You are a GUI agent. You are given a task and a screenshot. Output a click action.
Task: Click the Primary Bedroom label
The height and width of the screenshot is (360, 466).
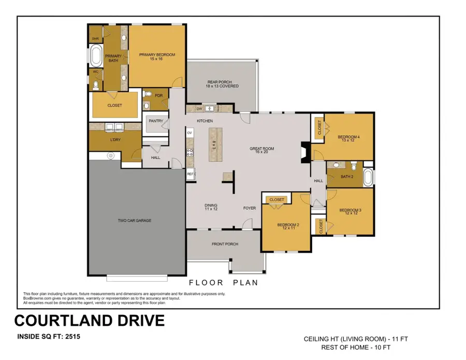click(x=157, y=55)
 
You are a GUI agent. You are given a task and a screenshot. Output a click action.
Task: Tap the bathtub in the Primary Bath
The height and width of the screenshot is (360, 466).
click(x=96, y=56)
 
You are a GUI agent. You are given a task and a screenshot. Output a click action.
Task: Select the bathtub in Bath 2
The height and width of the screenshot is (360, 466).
click(x=368, y=178)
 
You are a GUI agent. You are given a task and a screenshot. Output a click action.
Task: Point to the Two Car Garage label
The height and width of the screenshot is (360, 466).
click(x=134, y=221)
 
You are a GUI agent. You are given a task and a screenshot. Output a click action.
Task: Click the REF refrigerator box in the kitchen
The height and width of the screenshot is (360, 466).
click(x=190, y=175)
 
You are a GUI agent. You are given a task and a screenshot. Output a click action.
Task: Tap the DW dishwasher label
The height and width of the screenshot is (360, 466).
click(x=199, y=109)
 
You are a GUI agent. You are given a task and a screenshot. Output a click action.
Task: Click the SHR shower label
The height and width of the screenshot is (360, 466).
click(x=95, y=39)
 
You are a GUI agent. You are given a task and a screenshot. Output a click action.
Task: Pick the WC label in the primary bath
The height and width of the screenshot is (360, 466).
click(x=95, y=72)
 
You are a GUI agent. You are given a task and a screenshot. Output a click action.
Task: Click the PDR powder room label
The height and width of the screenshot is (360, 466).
click(x=158, y=95)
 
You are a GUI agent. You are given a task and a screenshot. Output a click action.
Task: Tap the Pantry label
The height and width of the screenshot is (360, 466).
click(x=155, y=121)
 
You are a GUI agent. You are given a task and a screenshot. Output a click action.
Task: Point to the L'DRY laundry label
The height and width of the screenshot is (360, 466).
click(x=115, y=140)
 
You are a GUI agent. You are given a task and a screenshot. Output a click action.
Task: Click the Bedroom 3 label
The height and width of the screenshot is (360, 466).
click(x=349, y=211)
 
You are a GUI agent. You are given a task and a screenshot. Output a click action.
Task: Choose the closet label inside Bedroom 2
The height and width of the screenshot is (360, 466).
click(x=277, y=200)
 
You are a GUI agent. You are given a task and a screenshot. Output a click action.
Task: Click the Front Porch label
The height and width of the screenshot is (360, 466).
click(x=225, y=244)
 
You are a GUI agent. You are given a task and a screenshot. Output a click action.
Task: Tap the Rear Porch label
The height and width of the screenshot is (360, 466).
click(x=223, y=84)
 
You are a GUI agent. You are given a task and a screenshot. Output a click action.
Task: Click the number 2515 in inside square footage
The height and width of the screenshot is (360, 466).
click(x=69, y=337)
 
